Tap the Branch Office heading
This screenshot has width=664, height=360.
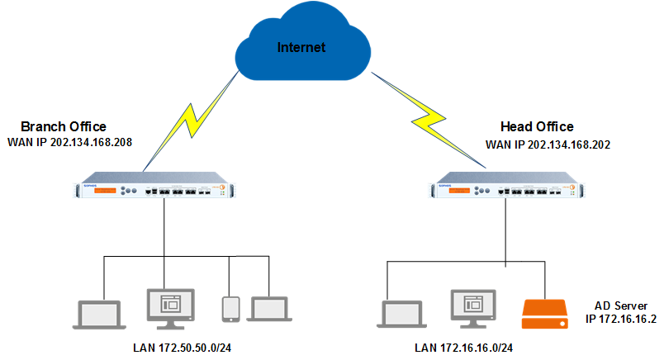[x=64, y=126]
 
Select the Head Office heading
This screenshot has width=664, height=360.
[x=537, y=126]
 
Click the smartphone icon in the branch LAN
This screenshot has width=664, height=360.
[x=230, y=308]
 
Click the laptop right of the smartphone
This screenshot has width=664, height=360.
[x=271, y=309]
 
